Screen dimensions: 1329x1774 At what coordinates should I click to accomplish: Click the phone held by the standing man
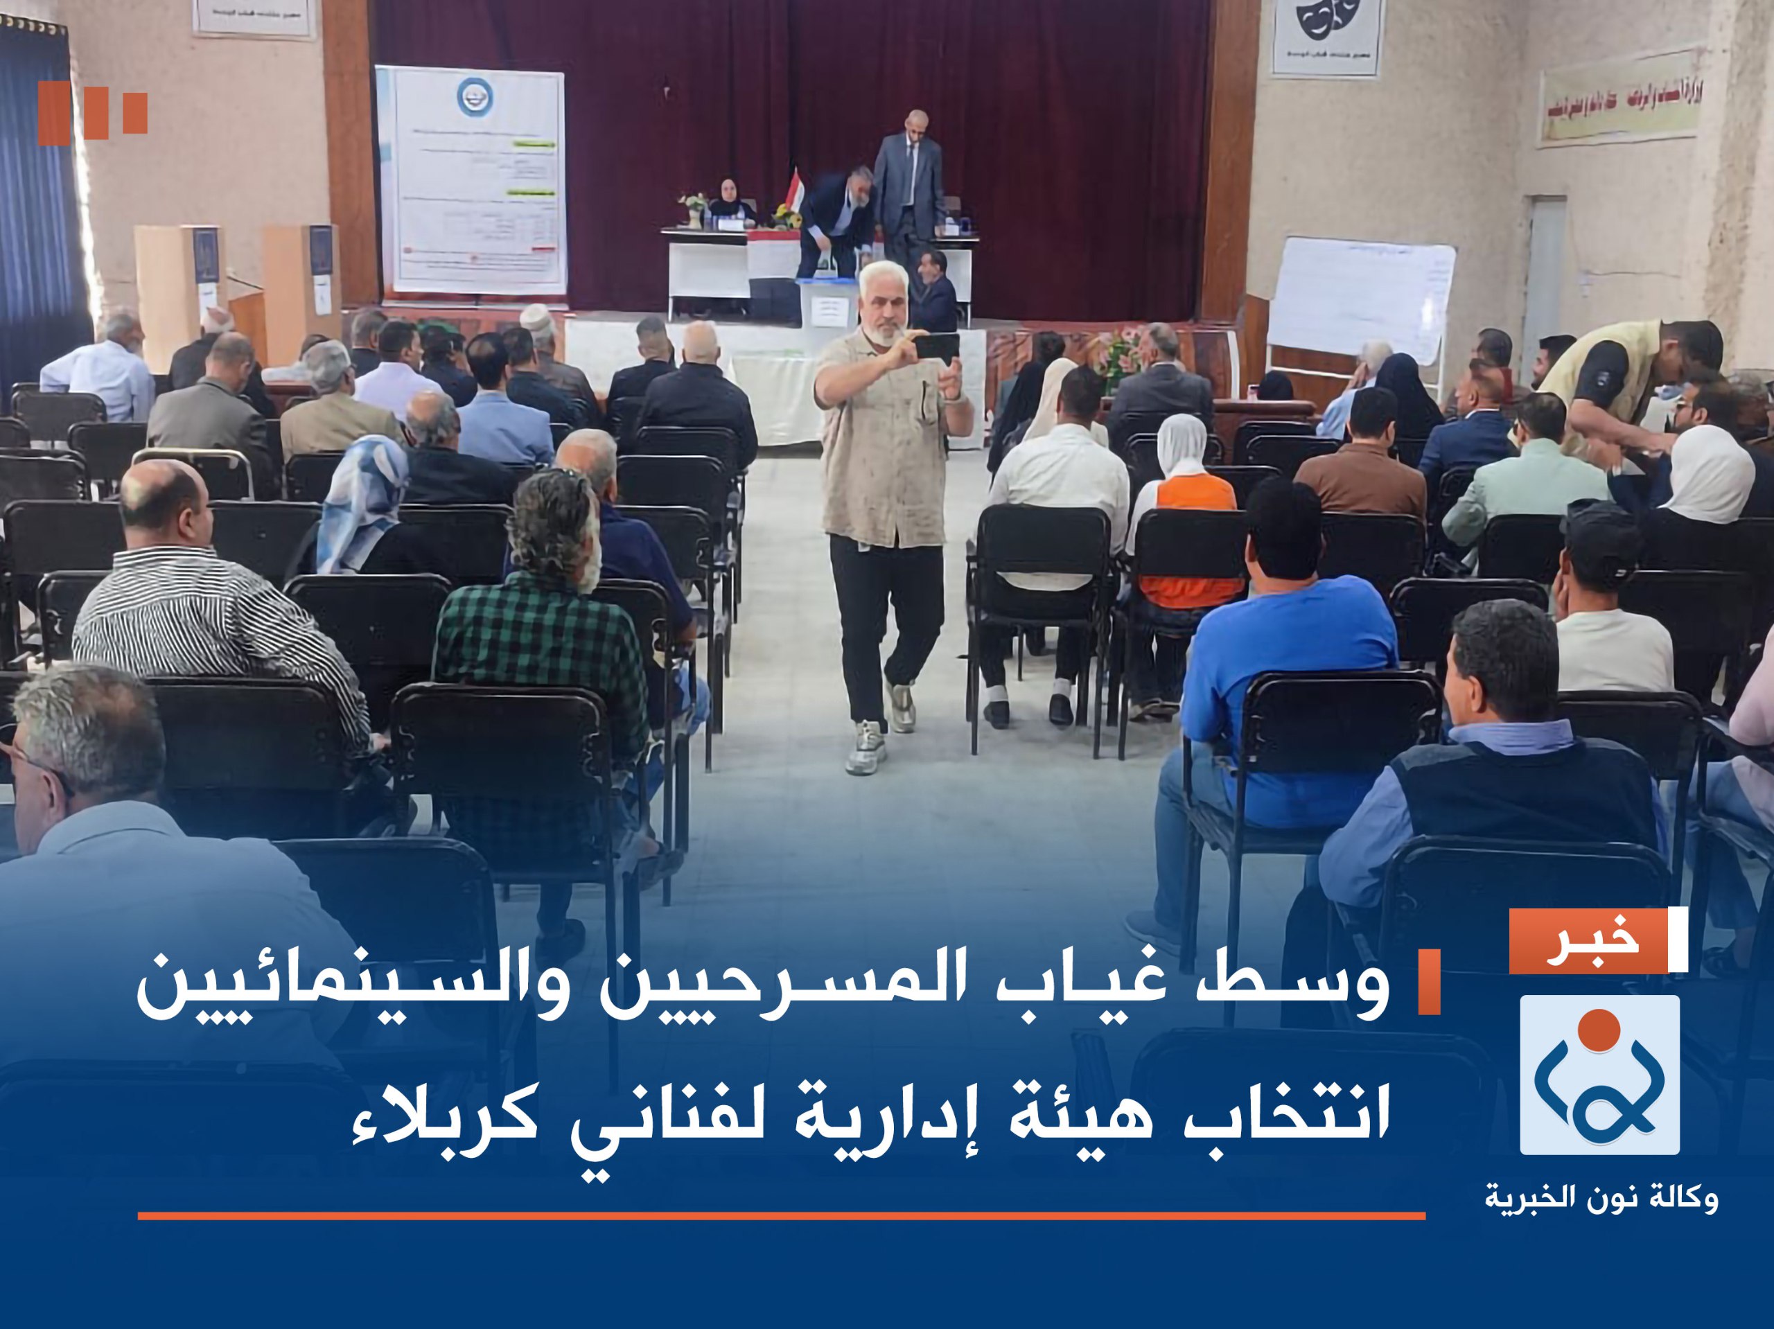(x=936, y=346)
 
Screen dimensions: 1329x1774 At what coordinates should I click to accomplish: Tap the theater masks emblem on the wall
(x=1326, y=21)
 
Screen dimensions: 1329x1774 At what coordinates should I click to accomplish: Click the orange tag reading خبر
(x=1589, y=941)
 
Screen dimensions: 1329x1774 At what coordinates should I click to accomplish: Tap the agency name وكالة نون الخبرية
(x=1601, y=1198)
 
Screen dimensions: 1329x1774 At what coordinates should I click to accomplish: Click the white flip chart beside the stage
(x=1360, y=300)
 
